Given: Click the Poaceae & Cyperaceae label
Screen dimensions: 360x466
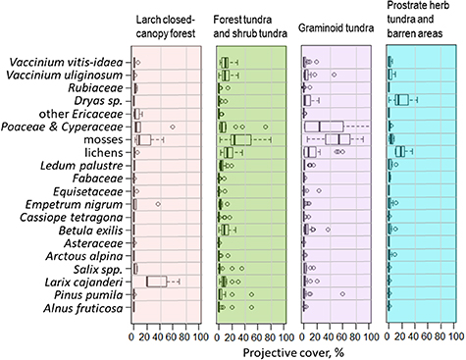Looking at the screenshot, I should tap(63, 127).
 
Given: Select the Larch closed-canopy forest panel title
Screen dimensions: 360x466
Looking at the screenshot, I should tap(167, 26).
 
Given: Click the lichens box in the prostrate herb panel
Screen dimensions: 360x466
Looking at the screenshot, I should tap(400, 151).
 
